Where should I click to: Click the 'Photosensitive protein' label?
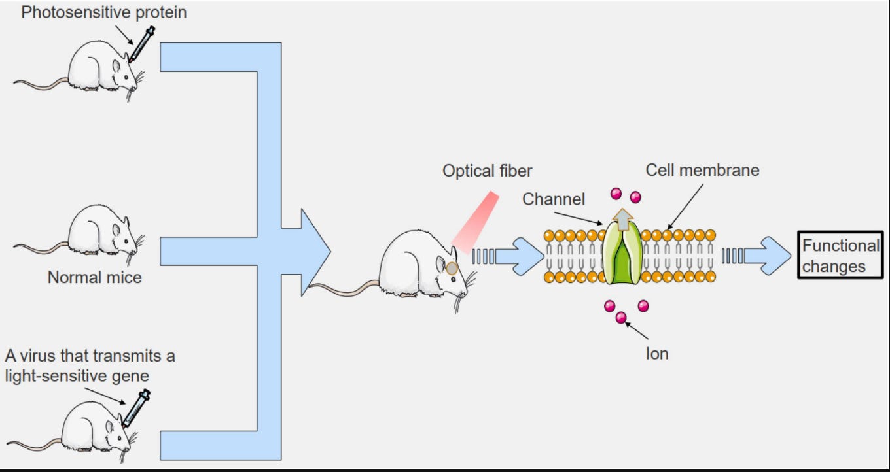(103, 12)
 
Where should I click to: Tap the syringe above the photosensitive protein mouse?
(142, 44)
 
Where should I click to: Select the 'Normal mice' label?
(94, 277)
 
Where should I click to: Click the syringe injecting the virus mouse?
(136, 408)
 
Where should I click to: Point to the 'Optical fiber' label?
(487, 171)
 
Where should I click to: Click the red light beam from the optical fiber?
(475, 222)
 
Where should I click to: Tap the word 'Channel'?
(554, 199)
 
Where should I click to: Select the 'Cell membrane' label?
(702, 171)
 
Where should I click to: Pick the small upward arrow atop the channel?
(622, 220)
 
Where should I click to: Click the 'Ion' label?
(657, 354)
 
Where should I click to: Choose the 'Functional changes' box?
(840, 255)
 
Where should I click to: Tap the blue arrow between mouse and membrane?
(508, 256)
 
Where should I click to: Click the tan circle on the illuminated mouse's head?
(452, 268)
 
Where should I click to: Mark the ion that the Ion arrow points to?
(621, 318)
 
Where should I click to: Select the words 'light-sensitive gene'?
(77, 376)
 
